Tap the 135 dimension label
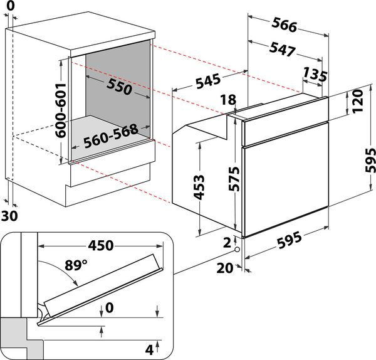pyautogui.click(x=315, y=76)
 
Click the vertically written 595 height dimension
pyautogui.click(x=369, y=161)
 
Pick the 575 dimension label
pyautogui.click(x=232, y=178)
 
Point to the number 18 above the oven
pyautogui.click(x=229, y=100)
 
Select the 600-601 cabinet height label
pyautogui.click(x=60, y=109)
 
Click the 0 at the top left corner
pyautogui.click(x=8, y=5)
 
